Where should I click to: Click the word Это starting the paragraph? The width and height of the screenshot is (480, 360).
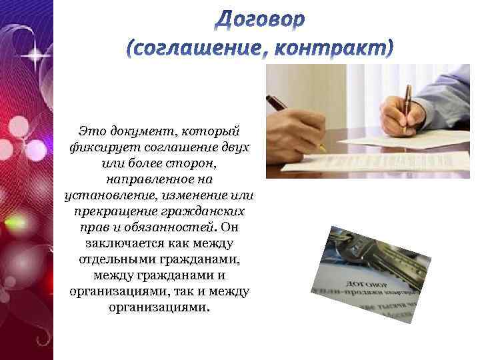coord(90,131)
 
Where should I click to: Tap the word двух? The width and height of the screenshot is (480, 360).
coord(233,147)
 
